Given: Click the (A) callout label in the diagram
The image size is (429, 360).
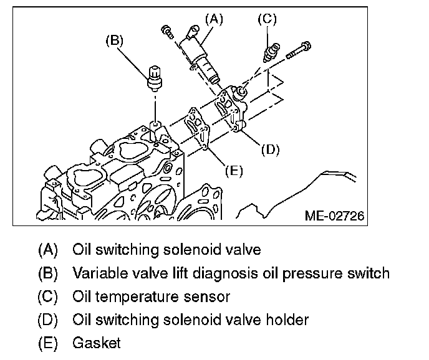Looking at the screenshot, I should [213, 19].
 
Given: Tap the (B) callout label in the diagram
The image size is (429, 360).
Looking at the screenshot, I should [115, 41].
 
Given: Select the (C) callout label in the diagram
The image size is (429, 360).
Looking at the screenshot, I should [266, 19].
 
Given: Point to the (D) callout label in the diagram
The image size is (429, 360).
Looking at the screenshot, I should [270, 149].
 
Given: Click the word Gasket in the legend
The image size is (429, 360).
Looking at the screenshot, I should [97, 343].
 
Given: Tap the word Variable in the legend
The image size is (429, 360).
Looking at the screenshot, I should [95, 273].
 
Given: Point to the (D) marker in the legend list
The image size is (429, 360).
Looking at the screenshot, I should [48, 320].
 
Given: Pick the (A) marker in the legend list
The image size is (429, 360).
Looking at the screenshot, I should [48, 250].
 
